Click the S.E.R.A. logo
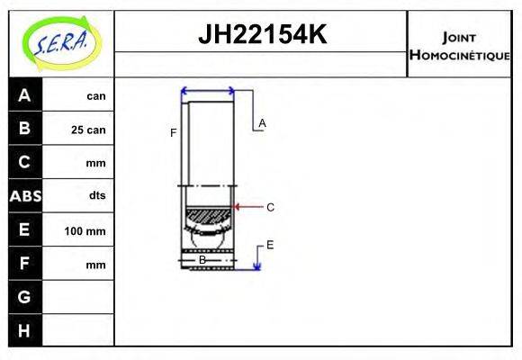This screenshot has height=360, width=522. pos(60,43)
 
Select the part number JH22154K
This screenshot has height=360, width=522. pos(261,35)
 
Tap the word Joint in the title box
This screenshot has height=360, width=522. pos(459,37)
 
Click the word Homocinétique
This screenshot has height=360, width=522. pos(459,55)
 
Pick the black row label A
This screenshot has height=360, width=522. pos(24,95)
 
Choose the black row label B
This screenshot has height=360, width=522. pos(24,129)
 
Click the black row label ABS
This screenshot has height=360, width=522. pos(24,195)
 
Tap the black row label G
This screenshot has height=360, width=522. pos(24,296)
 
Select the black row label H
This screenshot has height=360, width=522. pos(24,330)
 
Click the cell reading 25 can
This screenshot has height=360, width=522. pos(88,130)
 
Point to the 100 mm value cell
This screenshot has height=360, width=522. pos(85,231)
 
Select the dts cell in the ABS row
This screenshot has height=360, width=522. pos(96,195)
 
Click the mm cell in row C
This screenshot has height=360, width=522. pos(95,163)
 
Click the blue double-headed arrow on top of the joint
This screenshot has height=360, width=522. pos(208,91)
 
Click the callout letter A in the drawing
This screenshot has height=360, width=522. pos(262,122)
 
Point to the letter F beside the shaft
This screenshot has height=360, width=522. pos(173,133)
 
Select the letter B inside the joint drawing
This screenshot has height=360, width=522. pos(202,259)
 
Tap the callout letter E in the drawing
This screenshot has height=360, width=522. pos(269,244)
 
